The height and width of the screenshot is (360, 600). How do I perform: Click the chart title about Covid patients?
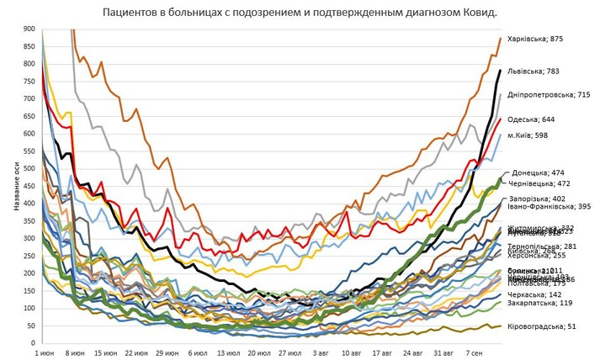(300, 13)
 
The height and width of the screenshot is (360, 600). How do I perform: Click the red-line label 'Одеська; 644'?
(536, 119)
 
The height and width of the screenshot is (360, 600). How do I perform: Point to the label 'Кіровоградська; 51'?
(540, 326)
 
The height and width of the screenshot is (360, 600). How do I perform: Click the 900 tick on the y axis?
(29, 29)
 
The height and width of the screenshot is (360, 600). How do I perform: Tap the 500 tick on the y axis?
(29, 168)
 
